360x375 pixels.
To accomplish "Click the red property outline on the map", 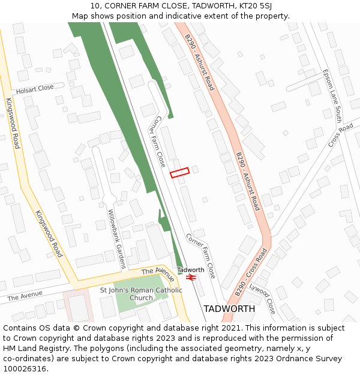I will [x=179, y=172].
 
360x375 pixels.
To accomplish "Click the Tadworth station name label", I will [x=190, y=270].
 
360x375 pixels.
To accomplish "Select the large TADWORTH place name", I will [x=229, y=308].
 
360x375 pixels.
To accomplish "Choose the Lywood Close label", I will [x=263, y=298].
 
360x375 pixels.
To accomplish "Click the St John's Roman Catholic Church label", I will [x=141, y=294].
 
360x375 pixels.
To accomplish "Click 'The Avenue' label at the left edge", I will [x=25, y=296].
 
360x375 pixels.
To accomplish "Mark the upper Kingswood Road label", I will [x=13, y=123].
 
